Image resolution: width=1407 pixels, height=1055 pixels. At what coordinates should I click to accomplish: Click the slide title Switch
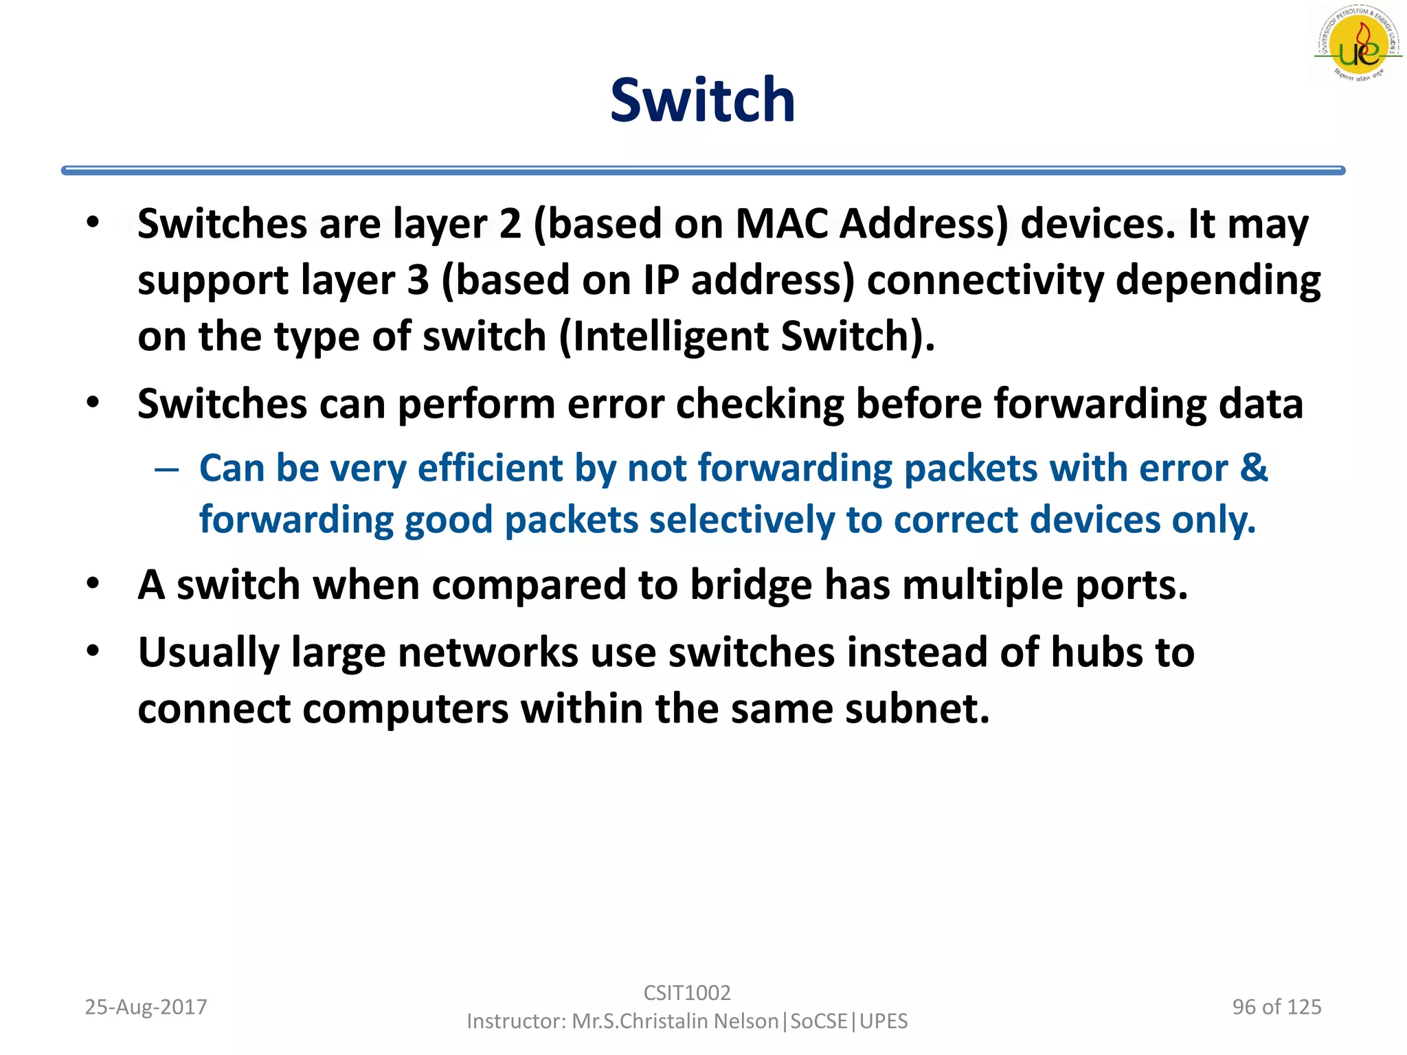[x=702, y=101]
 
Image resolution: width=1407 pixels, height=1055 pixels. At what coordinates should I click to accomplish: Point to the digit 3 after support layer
[x=418, y=280]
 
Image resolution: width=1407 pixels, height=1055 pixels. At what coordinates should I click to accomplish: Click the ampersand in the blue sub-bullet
[x=1254, y=468]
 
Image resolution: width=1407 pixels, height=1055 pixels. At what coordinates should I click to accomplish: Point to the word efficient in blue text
[x=490, y=468]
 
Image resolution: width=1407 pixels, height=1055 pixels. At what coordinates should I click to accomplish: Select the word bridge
[x=750, y=585]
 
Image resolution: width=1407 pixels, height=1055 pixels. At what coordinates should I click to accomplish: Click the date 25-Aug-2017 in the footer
[x=146, y=1007]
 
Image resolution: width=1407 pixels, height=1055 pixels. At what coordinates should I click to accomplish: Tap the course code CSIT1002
[x=687, y=992]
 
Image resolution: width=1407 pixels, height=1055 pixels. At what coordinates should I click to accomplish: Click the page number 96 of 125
[x=1276, y=1007]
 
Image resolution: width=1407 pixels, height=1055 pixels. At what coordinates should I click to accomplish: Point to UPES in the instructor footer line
[x=883, y=1021]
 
